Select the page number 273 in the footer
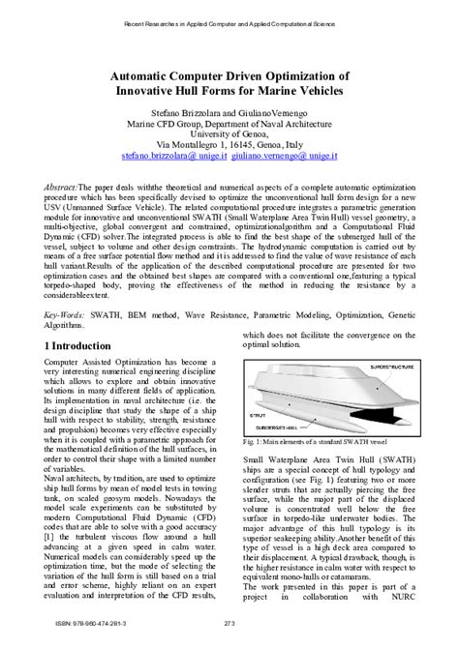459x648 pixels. pos(229,633)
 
